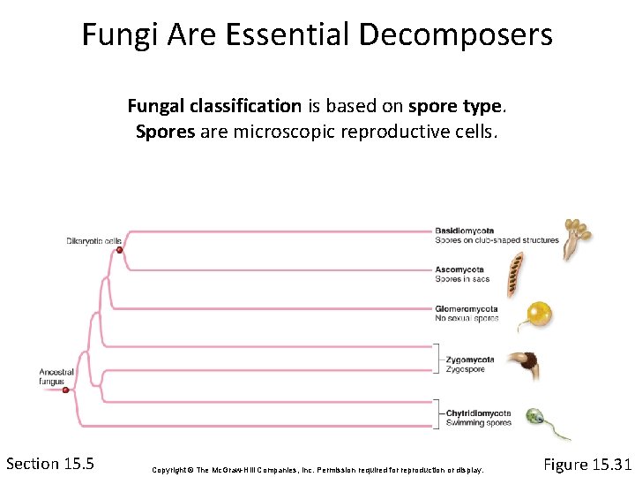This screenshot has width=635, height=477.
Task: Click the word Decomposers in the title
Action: click(x=455, y=34)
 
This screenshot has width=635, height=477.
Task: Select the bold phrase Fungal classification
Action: click(x=214, y=107)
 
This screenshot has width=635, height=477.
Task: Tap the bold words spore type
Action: click(x=455, y=107)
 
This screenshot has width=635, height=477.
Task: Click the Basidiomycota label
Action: click(x=464, y=231)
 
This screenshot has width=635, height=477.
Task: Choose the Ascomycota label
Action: click(x=459, y=269)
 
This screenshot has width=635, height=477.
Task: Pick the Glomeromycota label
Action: click(x=466, y=309)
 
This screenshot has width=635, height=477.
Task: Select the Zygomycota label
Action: click(x=464, y=360)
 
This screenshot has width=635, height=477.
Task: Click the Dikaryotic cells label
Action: click(x=93, y=240)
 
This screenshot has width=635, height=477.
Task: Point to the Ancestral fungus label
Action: click(x=56, y=377)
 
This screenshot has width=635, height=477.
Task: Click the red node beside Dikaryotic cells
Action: click(x=119, y=251)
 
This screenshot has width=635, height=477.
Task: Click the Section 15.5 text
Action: click(x=50, y=464)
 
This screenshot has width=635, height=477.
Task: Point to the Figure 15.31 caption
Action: click(x=587, y=465)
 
